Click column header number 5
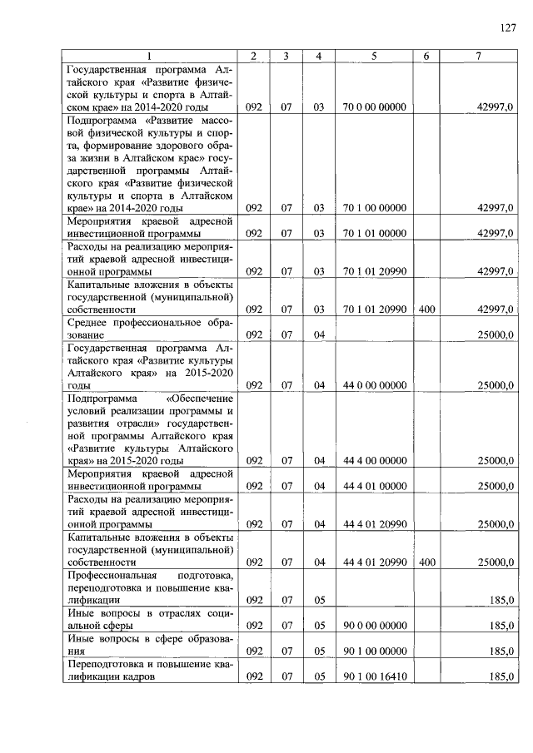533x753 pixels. (x=374, y=56)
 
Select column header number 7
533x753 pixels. (x=477, y=56)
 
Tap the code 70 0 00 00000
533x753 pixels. (x=374, y=107)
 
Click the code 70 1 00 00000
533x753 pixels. (x=374, y=208)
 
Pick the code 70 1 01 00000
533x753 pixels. (x=374, y=234)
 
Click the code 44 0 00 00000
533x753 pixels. (x=374, y=385)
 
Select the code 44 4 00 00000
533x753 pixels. (x=374, y=460)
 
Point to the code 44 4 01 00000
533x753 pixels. (x=374, y=486)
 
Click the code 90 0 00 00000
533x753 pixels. (x=374, y=625)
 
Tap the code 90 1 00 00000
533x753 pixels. (x=374, y=651)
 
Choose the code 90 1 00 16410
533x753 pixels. (x=374, y=676)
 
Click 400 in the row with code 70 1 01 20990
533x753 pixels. (x=427, y=310)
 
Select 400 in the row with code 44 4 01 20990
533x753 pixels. (x=427, y=562)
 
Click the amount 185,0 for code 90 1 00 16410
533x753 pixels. (x=500, y=676)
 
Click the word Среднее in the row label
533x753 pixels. (x=91, y=322)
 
